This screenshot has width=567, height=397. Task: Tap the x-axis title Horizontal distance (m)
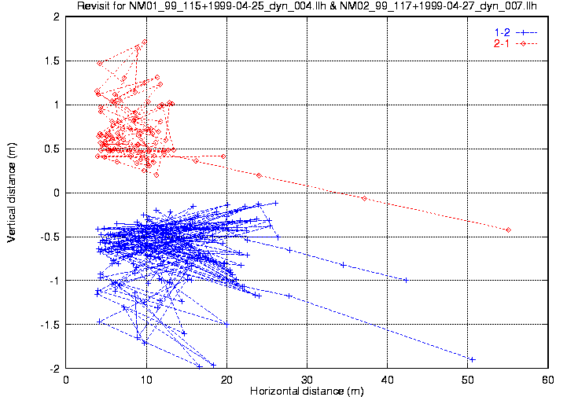click(x=306, y=391)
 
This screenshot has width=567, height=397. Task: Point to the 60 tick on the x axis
click(x=547, y=379)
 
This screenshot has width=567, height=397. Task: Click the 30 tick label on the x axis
click(x=306, y=379)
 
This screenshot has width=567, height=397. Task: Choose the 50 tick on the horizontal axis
click(x=467, y=379)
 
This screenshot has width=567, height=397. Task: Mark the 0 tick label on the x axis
click(x=66, y=379)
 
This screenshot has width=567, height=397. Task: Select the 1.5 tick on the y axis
click(x=53, y=61)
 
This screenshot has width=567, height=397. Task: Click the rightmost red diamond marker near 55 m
click(x=509, y=230)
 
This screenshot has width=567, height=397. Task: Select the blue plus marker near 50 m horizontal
click(x=472, y=359)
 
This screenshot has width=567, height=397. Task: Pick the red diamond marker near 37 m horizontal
click(x=364, y=198)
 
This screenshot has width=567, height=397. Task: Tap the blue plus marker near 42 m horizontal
click(x=406, y=280)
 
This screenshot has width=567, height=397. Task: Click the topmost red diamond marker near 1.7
click(x=145, y=42)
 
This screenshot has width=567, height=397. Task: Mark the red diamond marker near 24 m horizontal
click(x=259, y=175)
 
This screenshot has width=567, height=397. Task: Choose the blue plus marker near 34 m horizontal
click(x=343, y=265)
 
